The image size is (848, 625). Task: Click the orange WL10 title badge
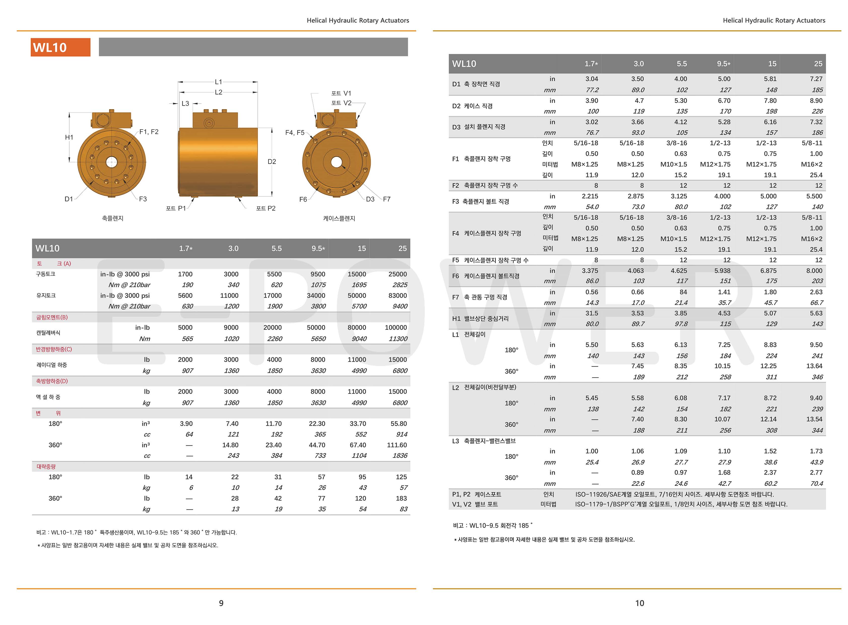[x=60, y=47]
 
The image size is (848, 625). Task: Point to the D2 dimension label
[x=272, y=162]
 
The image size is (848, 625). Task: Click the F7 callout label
[x=386, y=199]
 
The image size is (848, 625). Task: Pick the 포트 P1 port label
[x=176, y=208]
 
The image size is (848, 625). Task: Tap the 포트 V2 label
[x=341, y=103]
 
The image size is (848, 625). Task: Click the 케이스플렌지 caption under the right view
[x=339, y=218]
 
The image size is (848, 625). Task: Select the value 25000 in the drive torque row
[x=398, y=274]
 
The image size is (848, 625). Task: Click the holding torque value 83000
[x=398, y=295]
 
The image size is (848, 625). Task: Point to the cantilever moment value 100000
[x=396, y=328]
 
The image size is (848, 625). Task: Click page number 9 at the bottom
[x=221, y=603]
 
